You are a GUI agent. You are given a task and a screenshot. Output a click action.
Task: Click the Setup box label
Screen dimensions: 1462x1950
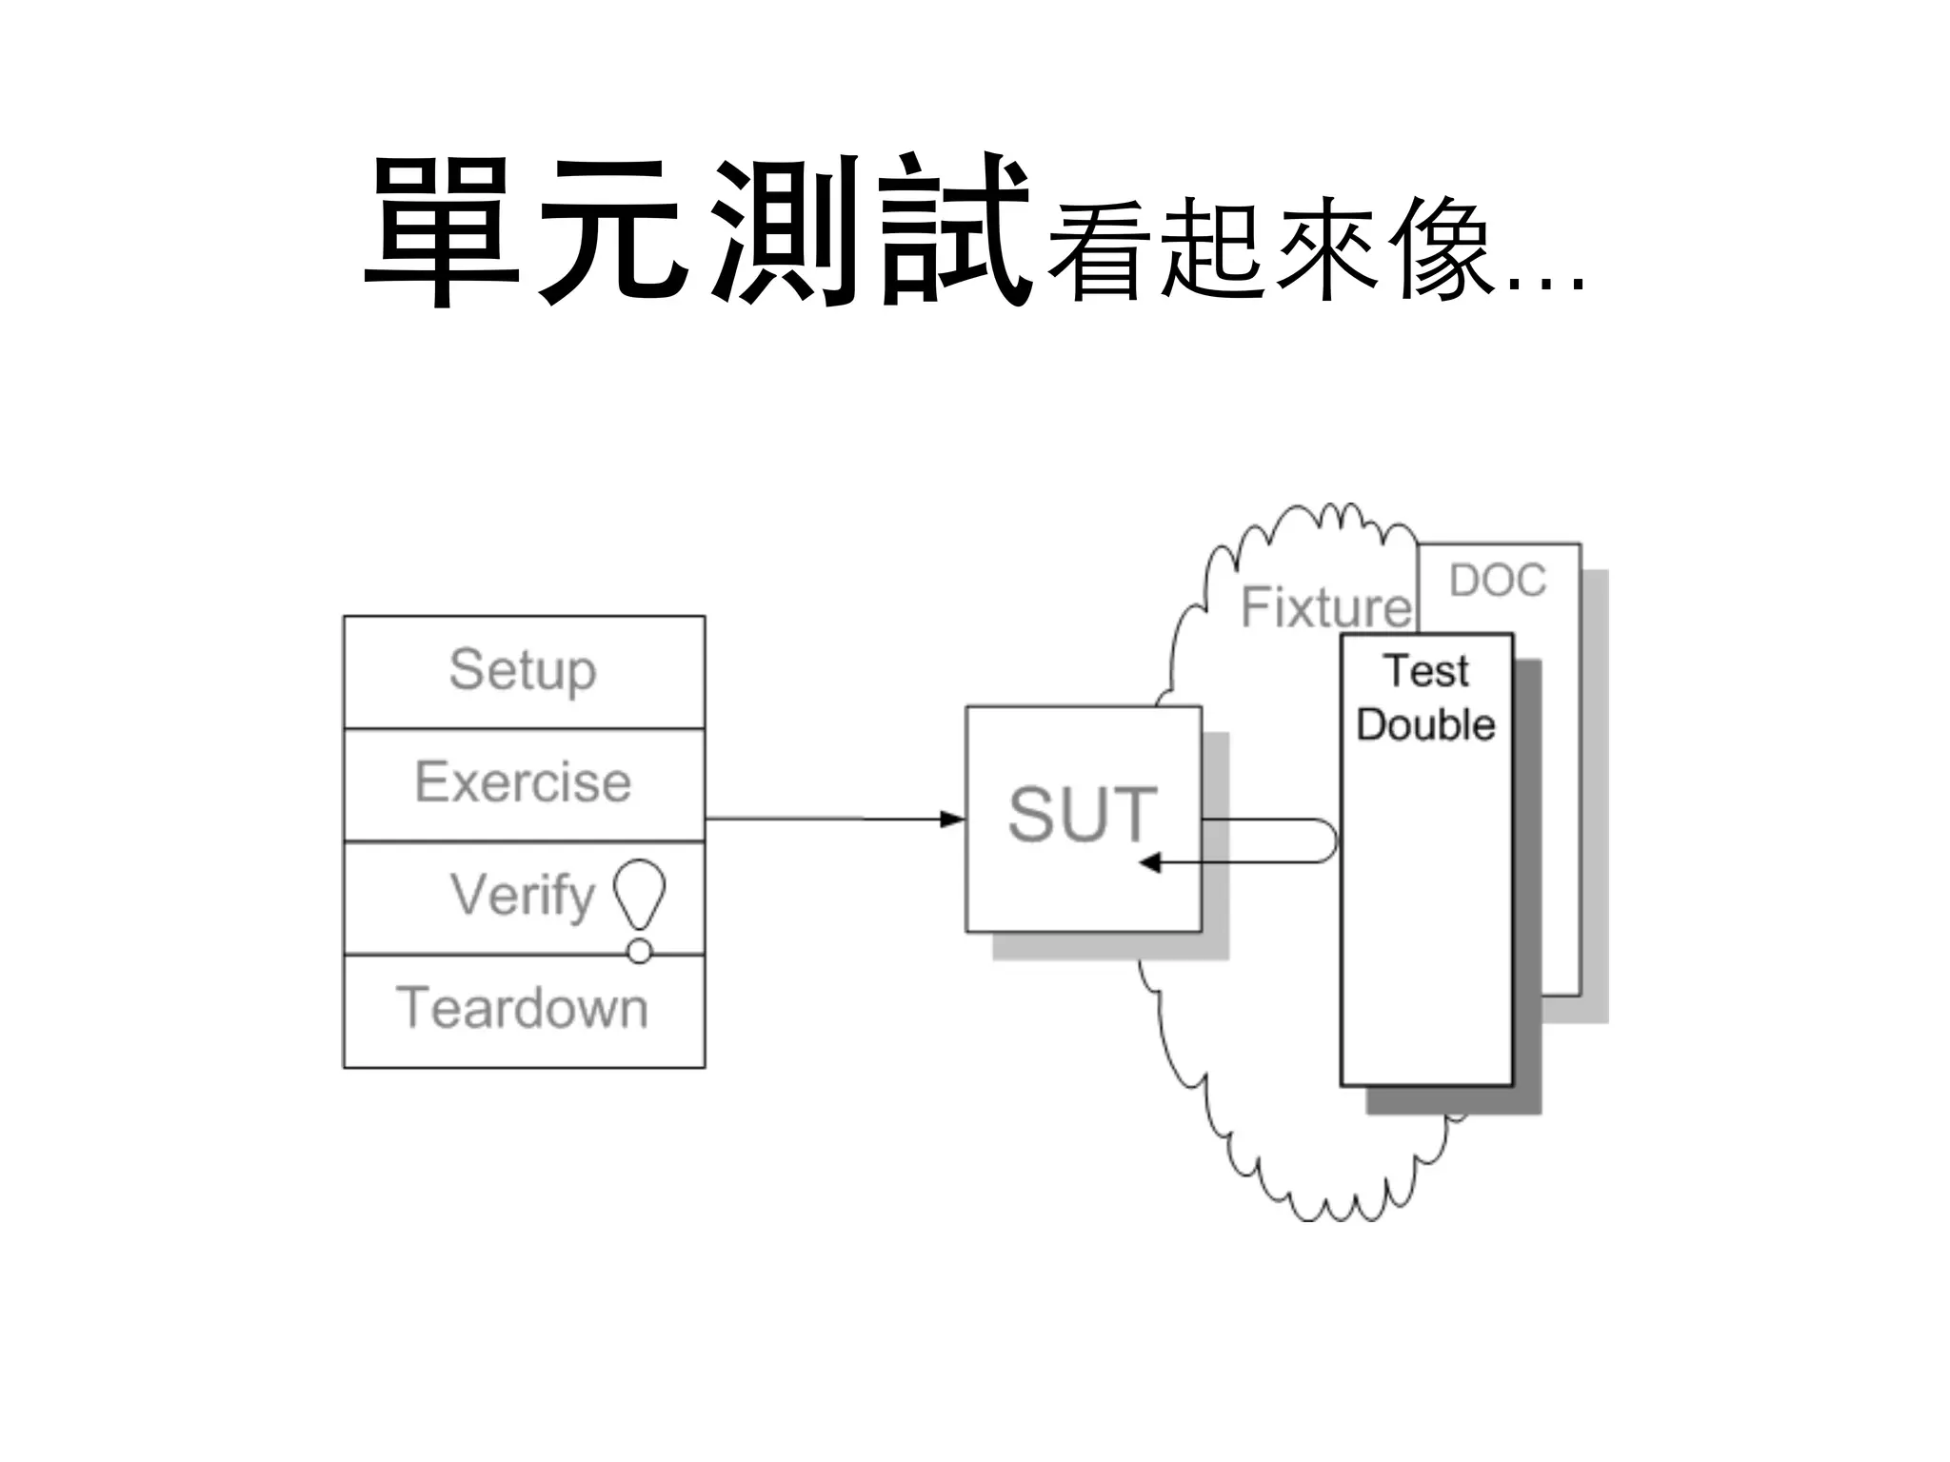coord(523,670)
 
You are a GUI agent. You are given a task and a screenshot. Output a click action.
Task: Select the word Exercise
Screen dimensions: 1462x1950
coord(523,782)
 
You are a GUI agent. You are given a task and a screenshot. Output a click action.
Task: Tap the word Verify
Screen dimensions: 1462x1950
coord(522,896)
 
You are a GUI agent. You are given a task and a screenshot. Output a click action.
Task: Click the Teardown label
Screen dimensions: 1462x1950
coord(523,1008)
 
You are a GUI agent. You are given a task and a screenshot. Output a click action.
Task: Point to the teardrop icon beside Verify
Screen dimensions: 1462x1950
coord(639,891)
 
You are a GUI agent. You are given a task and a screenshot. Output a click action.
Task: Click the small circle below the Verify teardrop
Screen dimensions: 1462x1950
coord(640,951)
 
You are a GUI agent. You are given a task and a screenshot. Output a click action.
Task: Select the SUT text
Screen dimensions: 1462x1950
coord(1083,815)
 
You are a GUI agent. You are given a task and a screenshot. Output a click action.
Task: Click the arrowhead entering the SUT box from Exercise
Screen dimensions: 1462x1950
coord(952,819)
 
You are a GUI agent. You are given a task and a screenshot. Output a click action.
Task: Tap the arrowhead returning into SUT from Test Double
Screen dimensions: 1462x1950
coord(1150,862)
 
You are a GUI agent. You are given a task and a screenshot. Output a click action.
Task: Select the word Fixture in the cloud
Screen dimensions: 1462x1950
coord(1326,607)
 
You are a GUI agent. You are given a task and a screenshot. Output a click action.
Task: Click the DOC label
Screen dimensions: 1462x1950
coord(1498,581)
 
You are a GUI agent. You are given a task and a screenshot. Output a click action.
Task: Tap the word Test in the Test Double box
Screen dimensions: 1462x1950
coord(1426,671)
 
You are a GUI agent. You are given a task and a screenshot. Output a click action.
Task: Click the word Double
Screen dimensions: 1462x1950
coord(1425,725)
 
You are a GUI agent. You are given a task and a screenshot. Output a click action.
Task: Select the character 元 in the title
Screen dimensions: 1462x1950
coord(614,231)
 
